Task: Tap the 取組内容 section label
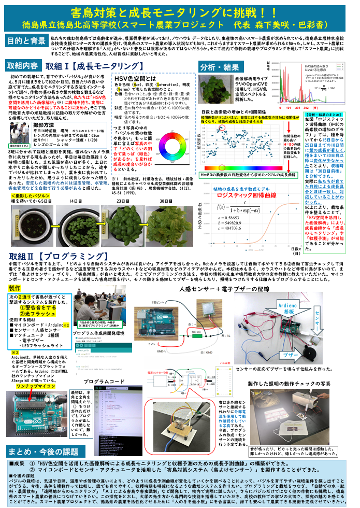coord(22,66)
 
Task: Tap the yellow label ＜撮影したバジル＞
coord(28,195)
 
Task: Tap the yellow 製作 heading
coord(15,288)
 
